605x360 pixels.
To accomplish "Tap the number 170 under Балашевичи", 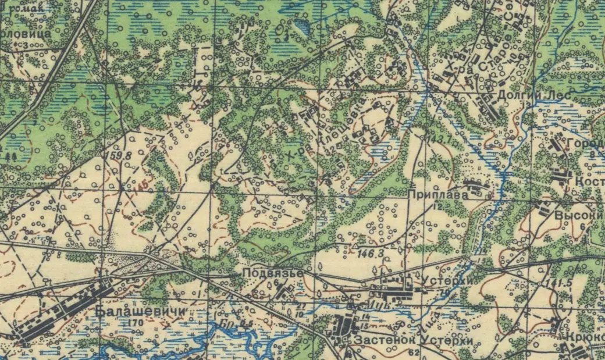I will click(136, 323).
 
